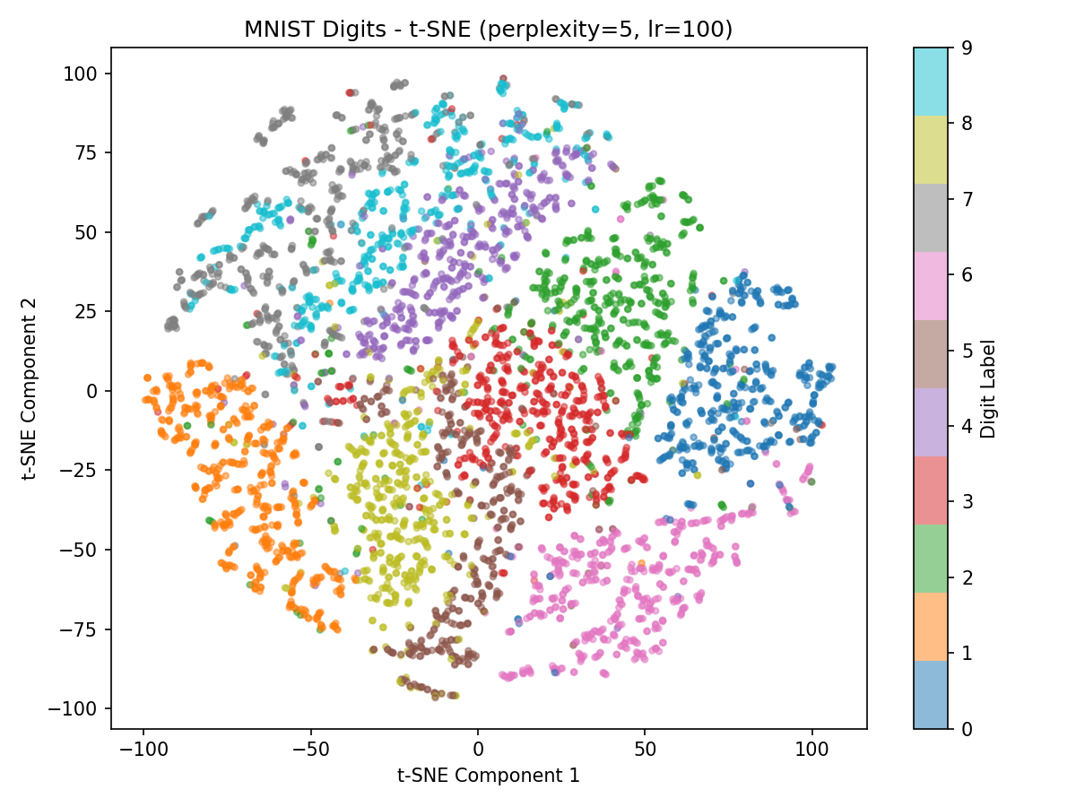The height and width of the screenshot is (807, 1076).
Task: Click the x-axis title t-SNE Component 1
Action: pos(489,775)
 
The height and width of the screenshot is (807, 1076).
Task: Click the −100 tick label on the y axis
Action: pos(80,708)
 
